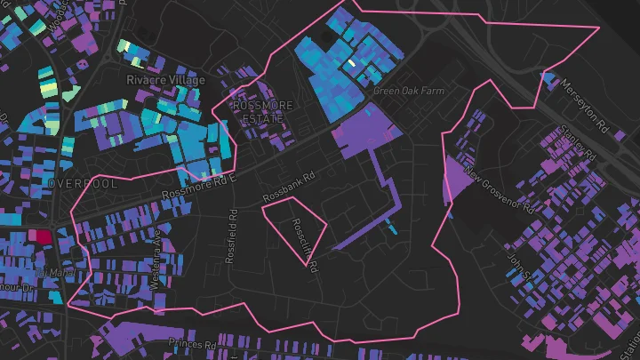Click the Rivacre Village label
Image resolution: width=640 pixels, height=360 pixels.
tap(166, 80)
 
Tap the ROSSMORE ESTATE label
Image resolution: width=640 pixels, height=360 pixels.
tap(260, 110)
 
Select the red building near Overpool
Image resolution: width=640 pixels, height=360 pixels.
tap(41, 236)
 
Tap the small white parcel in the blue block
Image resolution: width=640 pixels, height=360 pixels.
tap(352, 63)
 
